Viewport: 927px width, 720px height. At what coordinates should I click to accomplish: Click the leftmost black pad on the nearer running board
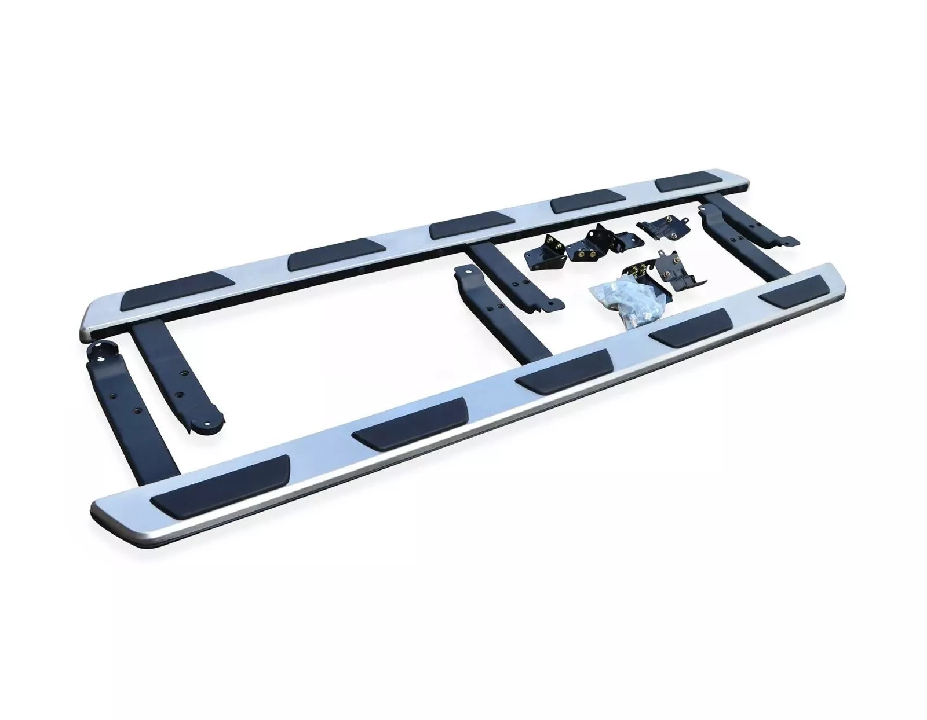click(x=220, y=484)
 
